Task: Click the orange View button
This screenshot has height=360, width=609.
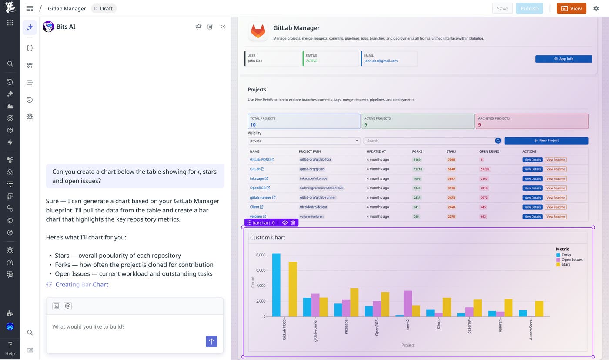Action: (571, 8)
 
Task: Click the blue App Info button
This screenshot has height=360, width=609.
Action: (563, 59)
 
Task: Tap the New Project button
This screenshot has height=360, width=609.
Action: (546, 141)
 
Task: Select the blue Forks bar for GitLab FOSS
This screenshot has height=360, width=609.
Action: (276, 285)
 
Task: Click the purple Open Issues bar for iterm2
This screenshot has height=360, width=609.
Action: (408, 304)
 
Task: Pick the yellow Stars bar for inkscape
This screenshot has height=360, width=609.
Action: (354, 303)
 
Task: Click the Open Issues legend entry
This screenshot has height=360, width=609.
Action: (572, 260)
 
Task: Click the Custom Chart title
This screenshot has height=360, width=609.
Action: (268, 238)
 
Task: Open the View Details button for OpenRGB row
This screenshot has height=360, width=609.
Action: (532, 188)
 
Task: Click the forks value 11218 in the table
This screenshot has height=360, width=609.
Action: (418, 169)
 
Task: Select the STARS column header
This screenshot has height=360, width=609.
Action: (451, 151)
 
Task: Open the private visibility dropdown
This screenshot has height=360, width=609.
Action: (304, 141)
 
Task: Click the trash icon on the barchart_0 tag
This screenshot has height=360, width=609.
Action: (293, 222)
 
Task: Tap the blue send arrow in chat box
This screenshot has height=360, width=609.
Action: (211, 341)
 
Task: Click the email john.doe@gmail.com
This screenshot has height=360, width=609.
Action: (381, 61)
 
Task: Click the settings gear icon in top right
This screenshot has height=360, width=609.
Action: (596, 8)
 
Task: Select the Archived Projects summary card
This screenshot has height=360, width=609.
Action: (532, 121)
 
